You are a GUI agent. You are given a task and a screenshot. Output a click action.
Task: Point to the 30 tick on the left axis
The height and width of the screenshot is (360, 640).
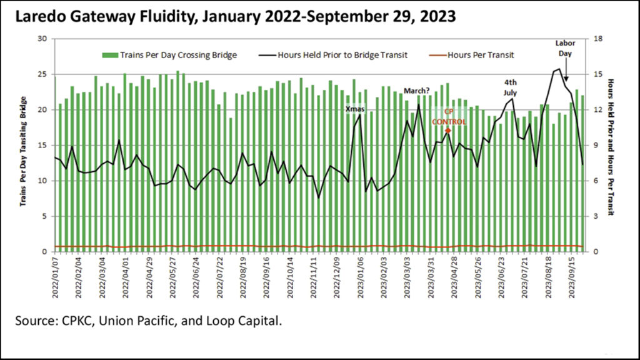[43, 39]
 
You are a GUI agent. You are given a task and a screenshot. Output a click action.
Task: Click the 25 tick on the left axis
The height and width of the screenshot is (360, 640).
[43, 74]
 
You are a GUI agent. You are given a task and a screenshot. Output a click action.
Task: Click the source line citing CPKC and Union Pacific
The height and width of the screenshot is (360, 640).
[149, 322]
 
